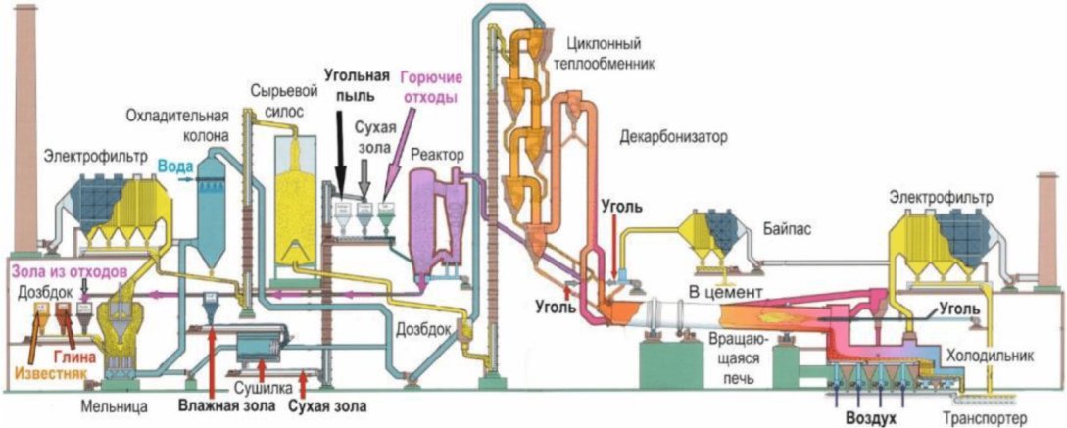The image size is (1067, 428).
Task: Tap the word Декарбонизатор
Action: [x=673, y=136]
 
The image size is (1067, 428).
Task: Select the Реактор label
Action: [x=438, y=155]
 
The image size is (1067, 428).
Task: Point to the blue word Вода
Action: [x=171, y=166]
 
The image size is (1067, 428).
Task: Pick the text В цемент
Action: [x=723, y=293]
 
